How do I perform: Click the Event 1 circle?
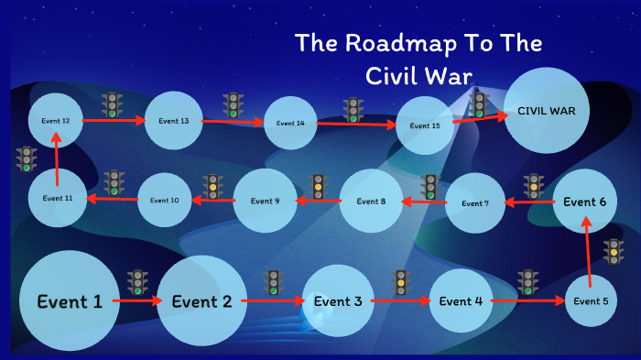click(69, 300)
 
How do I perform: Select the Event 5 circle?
click(591, 300)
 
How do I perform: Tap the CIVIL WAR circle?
click(547, 111)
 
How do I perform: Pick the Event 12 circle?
click(56, 120)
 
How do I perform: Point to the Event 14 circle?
click(290, 123)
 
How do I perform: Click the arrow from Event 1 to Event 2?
click(138, 300)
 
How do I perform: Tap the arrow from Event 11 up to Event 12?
click(57, 161)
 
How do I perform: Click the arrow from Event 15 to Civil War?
click(478, 119)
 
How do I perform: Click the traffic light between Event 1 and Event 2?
click(137, 281)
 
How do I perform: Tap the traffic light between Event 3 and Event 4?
click(400, 282)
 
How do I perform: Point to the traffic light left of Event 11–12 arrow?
click(27, 159)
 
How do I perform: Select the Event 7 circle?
click(475, 202)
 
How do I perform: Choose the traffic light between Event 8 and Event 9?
click(319, 187)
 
